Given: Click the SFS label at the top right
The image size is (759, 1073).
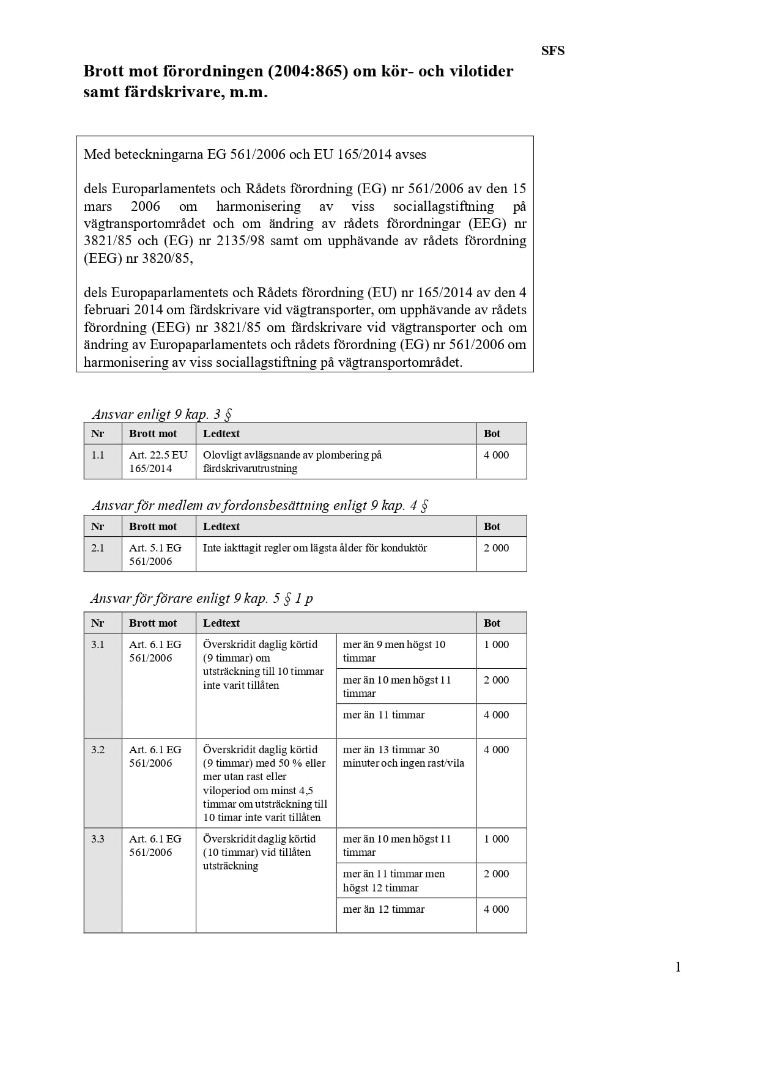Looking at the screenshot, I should pyautogui.click(x=552, y=51).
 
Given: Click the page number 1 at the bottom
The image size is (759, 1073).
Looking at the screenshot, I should pyautogui.click(x=678, y=967).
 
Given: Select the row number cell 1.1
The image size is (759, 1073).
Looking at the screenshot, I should pyautogui.click(x=98, y=455).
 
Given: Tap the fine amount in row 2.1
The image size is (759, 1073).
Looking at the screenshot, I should pyautogui.click(x=496, y=548).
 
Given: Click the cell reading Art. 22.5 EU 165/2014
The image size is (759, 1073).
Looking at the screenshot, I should pyautogui.click(x=158, y=462).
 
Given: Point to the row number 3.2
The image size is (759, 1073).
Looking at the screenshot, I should pyautogui.click(x=98, y=750).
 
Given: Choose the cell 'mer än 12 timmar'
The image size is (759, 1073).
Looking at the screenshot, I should pyautogui.click(x=383, y=909).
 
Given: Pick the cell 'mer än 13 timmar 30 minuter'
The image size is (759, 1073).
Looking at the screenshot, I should pyautogui.click(x=403, y=756).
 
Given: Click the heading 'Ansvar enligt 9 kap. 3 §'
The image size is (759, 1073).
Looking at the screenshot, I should pyautogui.click(x=161, y=414).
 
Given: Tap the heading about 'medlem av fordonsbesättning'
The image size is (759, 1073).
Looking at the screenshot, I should pyautogui.click(x=259, y=505).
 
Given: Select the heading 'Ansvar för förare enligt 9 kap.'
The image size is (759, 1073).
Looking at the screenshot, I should pyautogui.click(x=201, y=598).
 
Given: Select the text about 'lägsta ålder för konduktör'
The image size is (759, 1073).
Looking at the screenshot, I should pyautogui.click(x=314, y=548).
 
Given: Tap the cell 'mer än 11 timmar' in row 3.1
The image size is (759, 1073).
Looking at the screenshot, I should pyautogui.click(x=383, y=715).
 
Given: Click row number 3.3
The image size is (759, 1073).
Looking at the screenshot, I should pyautogui.click(x=98, y=839).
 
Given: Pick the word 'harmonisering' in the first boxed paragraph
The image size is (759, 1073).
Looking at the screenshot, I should pyautogui.click(x=258, y=206).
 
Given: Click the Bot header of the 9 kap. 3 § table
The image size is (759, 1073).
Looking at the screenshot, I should pyautogui.click(x=492, y=433).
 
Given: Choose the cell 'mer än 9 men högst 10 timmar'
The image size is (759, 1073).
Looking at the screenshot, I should pyautogui.click(x=394, y=651).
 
